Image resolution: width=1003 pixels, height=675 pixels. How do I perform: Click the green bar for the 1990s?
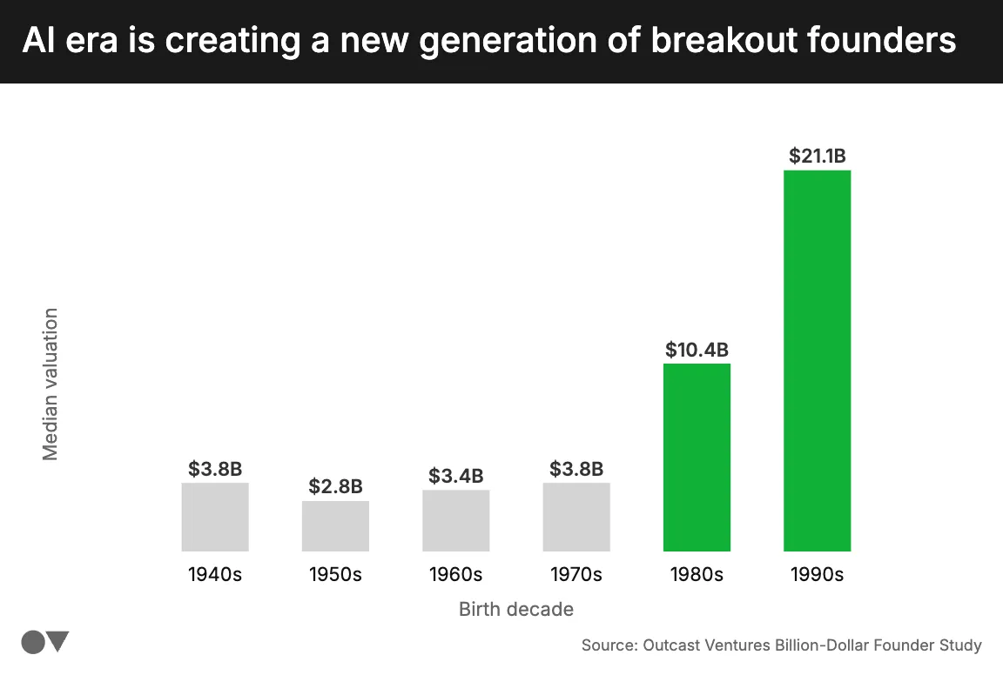(x=817, y=360)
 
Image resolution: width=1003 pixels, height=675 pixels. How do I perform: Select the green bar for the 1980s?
(x=697, y=457)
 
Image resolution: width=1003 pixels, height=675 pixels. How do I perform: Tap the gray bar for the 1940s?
(x=215, y=517)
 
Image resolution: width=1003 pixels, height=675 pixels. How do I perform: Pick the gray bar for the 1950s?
(x=335, y=525)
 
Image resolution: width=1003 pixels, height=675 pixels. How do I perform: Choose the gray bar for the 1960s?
(x=456, y=520)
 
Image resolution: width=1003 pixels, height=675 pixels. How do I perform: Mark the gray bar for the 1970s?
(x=576, y=517)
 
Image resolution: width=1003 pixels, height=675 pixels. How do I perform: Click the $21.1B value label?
(x=817, y=157)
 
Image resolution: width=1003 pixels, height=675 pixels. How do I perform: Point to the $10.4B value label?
(x=697, y=350)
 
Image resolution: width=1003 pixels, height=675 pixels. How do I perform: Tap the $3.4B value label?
(x=456, y=476)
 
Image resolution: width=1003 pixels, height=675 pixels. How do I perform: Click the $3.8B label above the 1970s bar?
(x=576, y=470)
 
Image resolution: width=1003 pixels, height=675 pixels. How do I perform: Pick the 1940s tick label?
(x=215, y=575)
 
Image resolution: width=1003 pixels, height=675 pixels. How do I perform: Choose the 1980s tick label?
(x=697, y=575)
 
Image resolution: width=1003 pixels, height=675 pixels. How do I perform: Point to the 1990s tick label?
(x=817, y=575)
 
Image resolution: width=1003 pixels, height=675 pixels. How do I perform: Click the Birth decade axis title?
(x=516, y=609)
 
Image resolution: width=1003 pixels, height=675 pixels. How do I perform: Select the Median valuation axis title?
(x=50, y=384)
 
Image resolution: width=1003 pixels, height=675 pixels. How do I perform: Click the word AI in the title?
(x=37, y=41)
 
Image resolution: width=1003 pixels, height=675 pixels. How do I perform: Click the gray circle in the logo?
(x=33, y=642)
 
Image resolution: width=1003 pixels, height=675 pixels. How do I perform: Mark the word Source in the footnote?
(x=608, y=645)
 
